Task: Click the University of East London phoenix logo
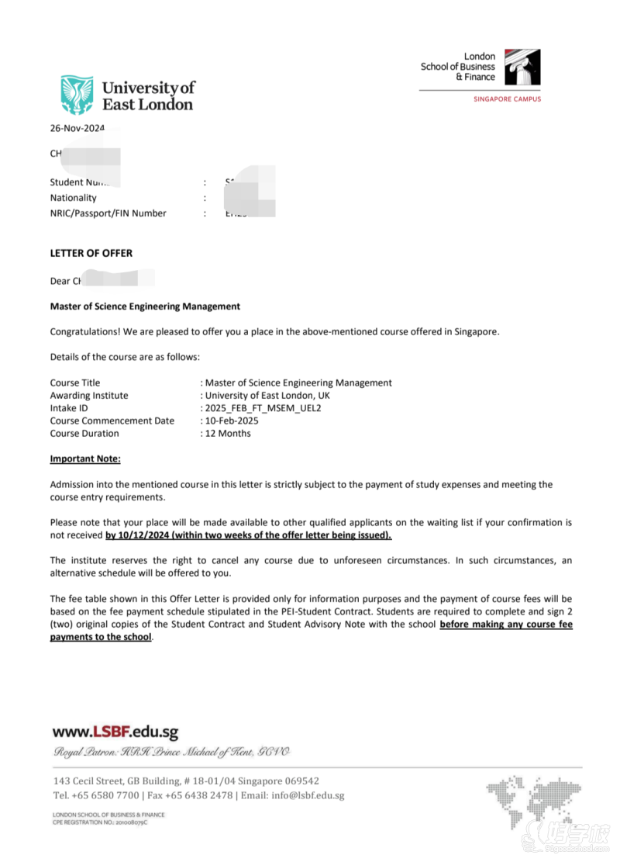pos(77,95)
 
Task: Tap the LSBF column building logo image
pos(522,67)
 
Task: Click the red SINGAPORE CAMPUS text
pos(508,99)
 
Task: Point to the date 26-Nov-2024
pos(77,129)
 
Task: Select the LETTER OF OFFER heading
pos(91,253)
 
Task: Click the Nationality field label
pos(74,198)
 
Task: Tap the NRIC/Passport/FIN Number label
pos(108,213)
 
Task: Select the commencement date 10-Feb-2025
pos(232,421)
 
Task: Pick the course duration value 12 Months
pos(228,433)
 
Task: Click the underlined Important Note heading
pos(85,459)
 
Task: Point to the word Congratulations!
pos(84,332)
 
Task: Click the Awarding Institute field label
pos(89,396)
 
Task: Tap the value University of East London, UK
pos(267,396)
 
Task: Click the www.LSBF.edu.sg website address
pos(115,732)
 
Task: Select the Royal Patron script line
pos(170,752)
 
